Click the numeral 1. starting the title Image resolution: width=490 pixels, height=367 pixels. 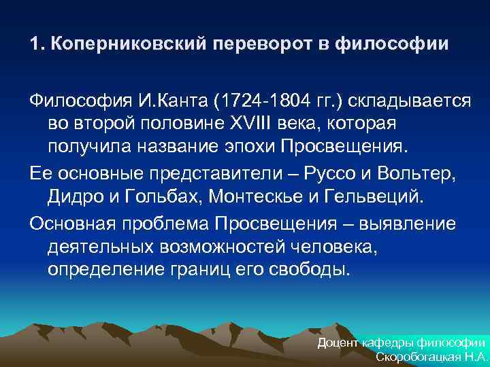36,44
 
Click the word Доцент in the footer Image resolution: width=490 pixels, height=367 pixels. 339,343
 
